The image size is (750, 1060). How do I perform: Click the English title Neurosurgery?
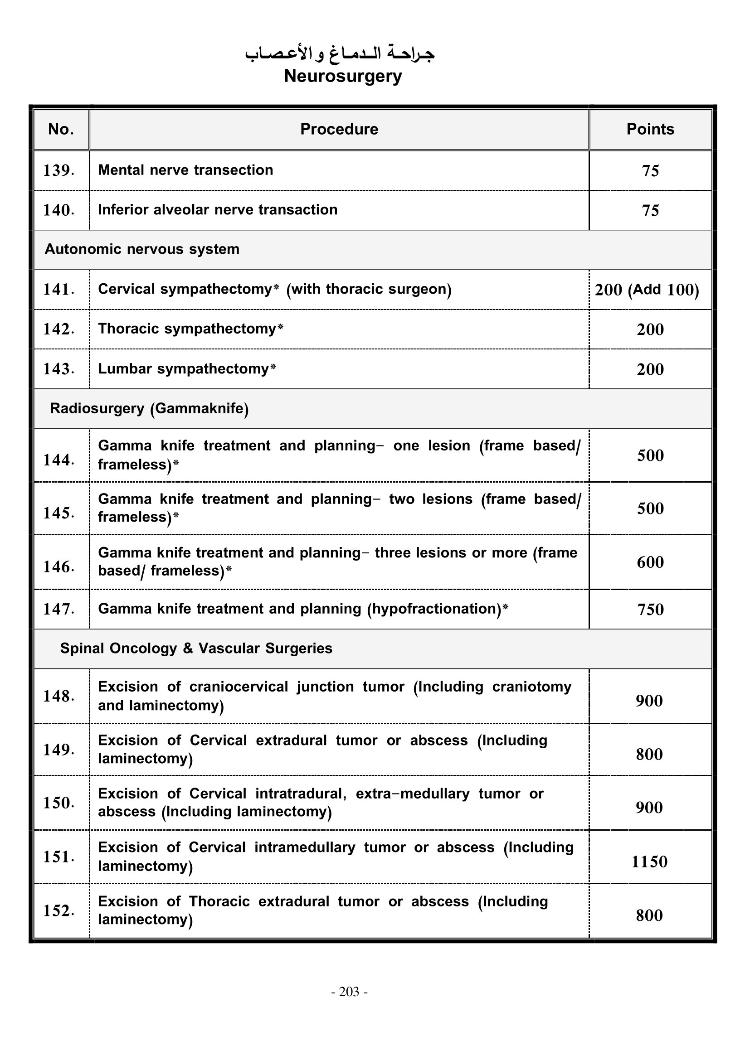pyautogui.click(x=343, y=76)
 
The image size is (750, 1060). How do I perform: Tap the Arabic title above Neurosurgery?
pyautogui.click(x=340, y=54)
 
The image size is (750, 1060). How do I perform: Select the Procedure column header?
pyautogui.click(x=339, y=129)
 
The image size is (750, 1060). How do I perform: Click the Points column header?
pyautogui.click(x=650, y=129)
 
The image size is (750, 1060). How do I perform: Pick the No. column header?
pyautogui.click(x=61, y=129)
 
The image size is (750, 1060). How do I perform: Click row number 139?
pyautogui.click(x=58, y=170)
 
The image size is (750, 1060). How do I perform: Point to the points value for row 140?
pyautogui.click(x=650, y=211)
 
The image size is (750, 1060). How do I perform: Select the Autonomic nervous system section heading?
pyautogui.click(x=142, y=249)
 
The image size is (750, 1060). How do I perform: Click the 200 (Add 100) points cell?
pyautogui.click(x=647, y=290)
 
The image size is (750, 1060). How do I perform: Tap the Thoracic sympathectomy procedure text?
pyautogui.click(x=187, y=329)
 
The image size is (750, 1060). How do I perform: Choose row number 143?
pyautogui.click(x=58, y=369)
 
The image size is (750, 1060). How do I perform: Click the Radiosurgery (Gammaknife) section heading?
pyautogui.click(x=149, y=409)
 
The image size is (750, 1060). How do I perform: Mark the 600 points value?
pyautogui.click(x=650, y=562)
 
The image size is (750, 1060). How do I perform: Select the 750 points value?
pyautogui.click(x=650, y=610)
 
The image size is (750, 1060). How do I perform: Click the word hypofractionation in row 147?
pyautogui.click(x=434, y=609)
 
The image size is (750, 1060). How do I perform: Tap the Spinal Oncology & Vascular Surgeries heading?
pyautogui.click(x=196, y=649)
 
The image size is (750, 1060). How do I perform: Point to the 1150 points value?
pyautogui.click(x=649, y=862)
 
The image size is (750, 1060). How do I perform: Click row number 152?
pyautogui.click(x=58, y=911)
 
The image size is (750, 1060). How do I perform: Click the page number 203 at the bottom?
pyautogui.click(x=349, y=992)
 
